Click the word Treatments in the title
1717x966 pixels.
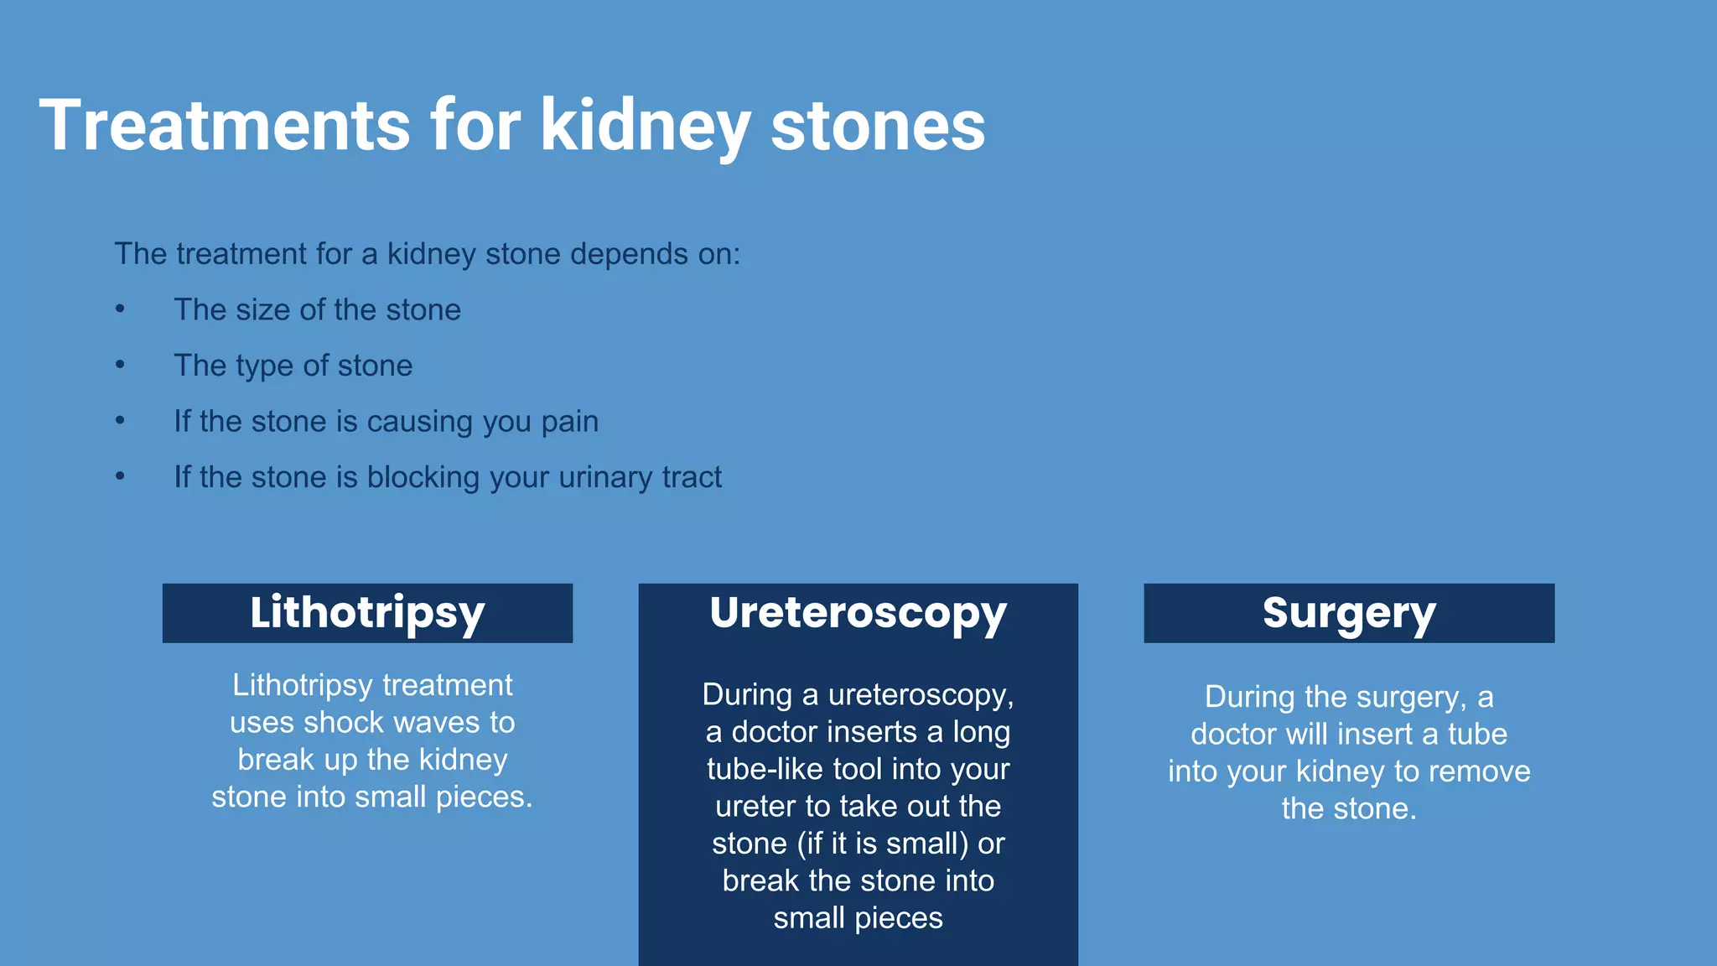(x=225, y=125)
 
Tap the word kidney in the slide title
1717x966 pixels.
(x=645, y=125)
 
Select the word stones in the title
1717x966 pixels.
(x=877, y=125)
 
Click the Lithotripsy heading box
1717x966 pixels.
(x=367, y=613)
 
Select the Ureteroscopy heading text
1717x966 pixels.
(x=858, y=613)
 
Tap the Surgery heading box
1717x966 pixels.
(x=1348, y=613)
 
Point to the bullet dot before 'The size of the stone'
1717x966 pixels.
(x=121, y=309)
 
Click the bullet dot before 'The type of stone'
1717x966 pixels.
(x=121, y=365)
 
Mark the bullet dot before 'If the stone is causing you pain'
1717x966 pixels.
(x=121, y=420)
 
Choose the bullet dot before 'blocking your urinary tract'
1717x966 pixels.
(x=121, y=476)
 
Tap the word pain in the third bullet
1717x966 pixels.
(x=569, y=421)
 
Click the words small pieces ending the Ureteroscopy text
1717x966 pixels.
(x=858, y=917)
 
